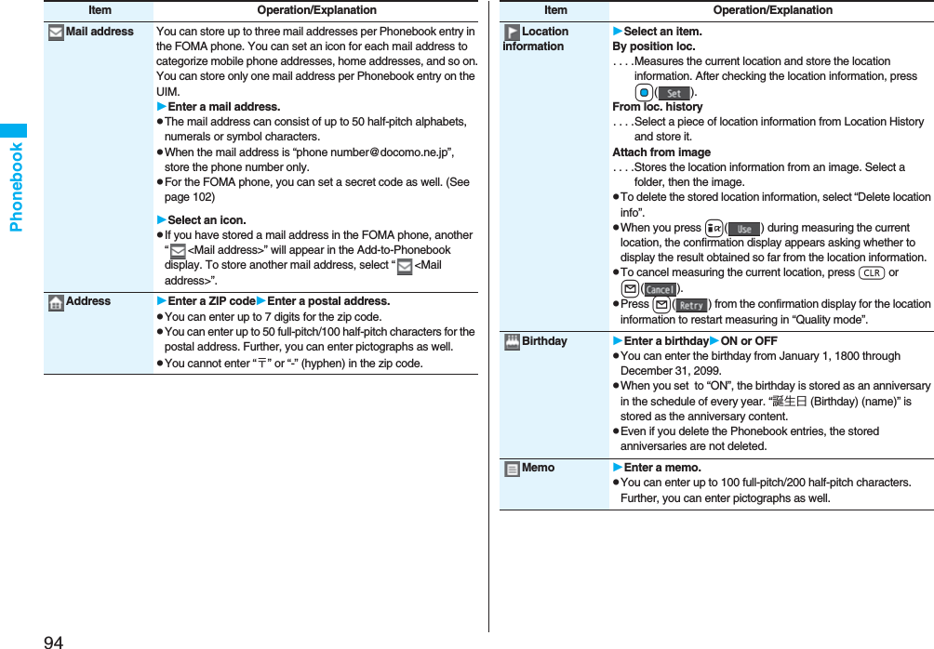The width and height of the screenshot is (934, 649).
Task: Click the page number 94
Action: tap(54, 641)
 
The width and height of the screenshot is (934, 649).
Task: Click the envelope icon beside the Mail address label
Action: tap(56, 33)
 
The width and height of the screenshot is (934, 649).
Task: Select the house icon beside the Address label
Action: tap(56, 302)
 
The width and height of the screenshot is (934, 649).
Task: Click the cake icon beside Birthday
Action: tap(512, 341)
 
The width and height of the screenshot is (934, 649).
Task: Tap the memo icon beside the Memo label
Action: tap(512, 469)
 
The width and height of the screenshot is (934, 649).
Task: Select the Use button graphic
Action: tap(743, 229)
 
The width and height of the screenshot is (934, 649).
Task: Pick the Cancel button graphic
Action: tap(660, 289)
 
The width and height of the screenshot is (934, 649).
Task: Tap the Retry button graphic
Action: tap(690, 305)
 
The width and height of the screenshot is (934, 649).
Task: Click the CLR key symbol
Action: tap(872, 273)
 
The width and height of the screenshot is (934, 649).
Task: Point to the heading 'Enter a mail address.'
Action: tap(223, 107)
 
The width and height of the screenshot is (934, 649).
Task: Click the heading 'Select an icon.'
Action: tap(207, 220)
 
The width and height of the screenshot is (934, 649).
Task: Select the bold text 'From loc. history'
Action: tap(658, 107)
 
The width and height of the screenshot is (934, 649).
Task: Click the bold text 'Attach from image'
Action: tap(661, 152)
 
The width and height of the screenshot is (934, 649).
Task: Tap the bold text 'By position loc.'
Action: tap(654, 46)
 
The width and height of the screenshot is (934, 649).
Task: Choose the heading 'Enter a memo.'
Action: tap(661, 468)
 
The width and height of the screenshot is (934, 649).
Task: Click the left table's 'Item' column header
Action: tap(100, 10)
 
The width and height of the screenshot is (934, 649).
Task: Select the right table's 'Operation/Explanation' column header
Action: tap(773, 10)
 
